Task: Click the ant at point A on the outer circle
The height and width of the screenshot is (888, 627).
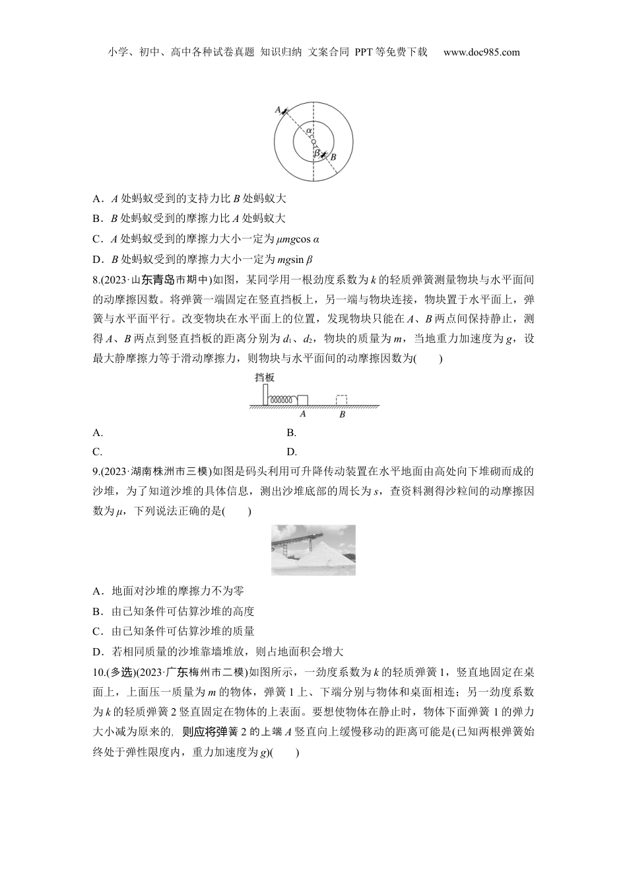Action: point(284,112)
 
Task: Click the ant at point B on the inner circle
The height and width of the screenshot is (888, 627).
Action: point(324,153)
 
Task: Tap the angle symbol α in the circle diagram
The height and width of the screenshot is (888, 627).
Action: point(308,131)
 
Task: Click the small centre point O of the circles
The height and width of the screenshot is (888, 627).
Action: point(313,140)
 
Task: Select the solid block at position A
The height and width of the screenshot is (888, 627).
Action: point(303,400)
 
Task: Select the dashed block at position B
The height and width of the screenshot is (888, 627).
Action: point(342,400)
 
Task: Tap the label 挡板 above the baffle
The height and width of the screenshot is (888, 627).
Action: point(264,377)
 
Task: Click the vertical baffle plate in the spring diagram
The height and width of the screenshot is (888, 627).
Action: point(265,394)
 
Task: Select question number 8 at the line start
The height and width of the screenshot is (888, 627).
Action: point(96,280)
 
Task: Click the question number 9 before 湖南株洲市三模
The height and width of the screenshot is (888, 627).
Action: point(96,471)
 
